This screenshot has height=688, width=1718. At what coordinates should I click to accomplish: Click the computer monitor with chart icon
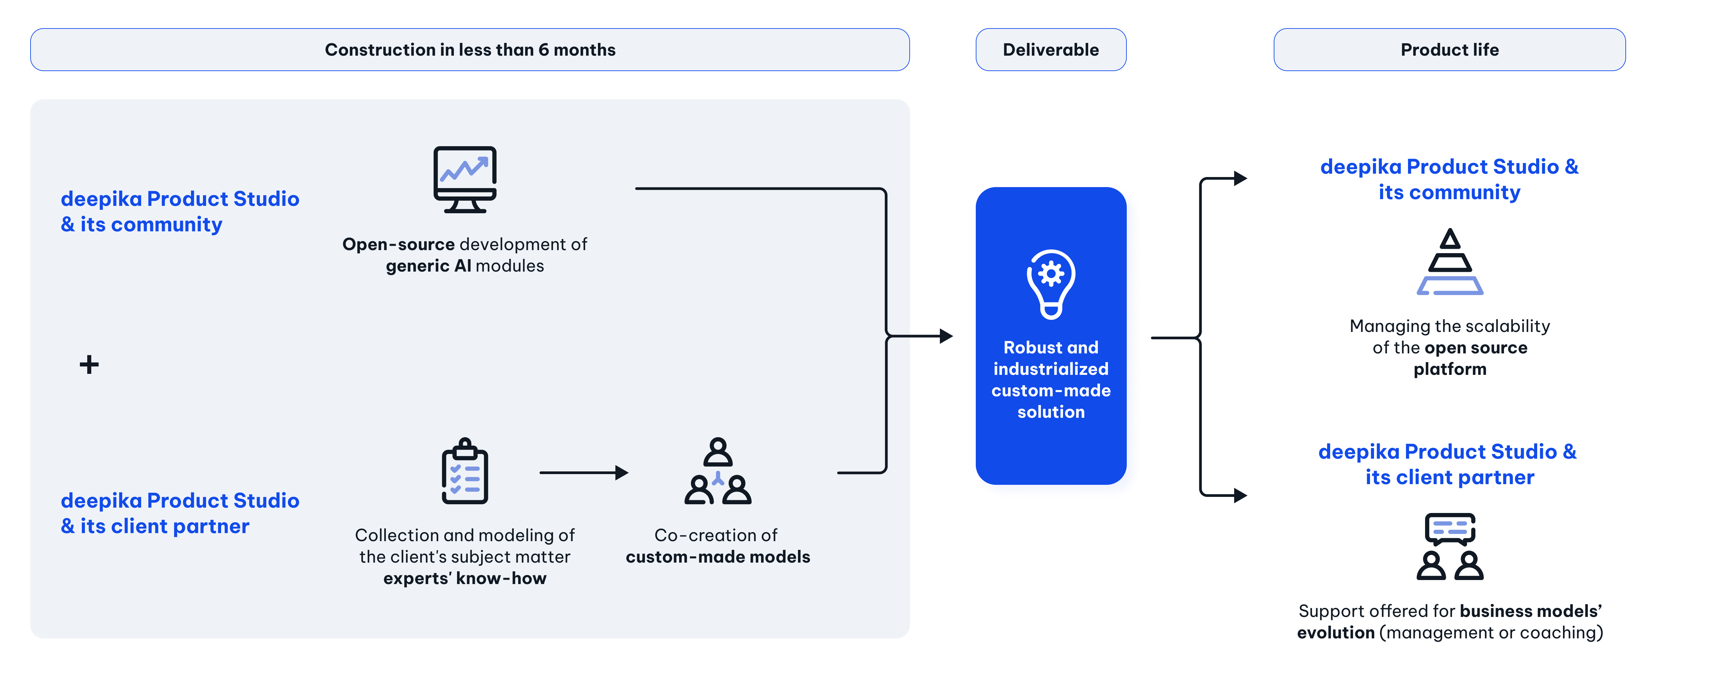click(465, 179)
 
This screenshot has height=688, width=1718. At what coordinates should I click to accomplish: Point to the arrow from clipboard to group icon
click(584, 473)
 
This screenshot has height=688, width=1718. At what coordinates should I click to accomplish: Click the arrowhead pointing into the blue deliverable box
click(946, 336)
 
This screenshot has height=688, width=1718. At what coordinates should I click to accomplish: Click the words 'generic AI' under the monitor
click(428, 266)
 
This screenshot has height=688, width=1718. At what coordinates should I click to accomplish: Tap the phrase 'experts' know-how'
click(465, 579)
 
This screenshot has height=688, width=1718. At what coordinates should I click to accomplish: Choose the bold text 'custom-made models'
click(718, 557)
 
